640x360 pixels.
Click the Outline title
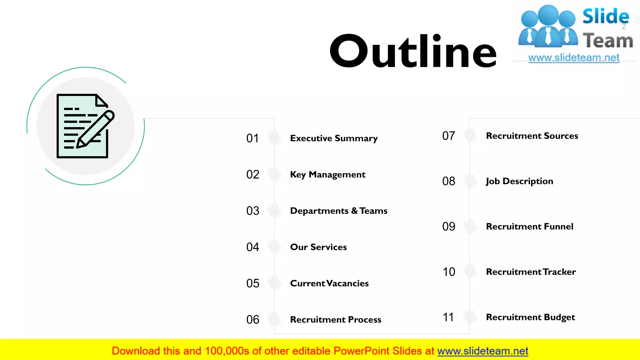click(x=413, y=52)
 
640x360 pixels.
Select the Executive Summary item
click(x=334, y=138)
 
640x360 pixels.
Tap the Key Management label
click(x=327, y=174)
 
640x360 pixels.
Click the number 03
click(x=252, y=211)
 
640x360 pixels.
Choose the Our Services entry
click(x=318, y=247)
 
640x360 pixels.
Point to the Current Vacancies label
click(x=329, y=283)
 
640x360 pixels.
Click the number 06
click(x=252, y=320)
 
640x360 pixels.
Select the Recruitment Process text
click(x=335, y=320)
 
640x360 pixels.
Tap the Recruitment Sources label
click(x=532, y=136)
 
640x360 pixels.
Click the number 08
click(x=448, y=181)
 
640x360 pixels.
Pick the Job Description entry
click(x=519, y=181)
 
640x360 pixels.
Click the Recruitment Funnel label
click(x=529, y=227)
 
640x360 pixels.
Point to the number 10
click(x=448, y=272)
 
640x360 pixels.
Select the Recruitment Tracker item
click(x=531, y=272)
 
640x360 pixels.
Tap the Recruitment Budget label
click(x=530, y=317)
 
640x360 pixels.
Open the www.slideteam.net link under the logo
click(x=573, y=58)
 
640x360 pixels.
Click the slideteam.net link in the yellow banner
click(x=482, y=351)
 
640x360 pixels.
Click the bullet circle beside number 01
click(x=274, y=138)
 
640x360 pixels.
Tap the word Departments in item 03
click(x=319, y=211)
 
